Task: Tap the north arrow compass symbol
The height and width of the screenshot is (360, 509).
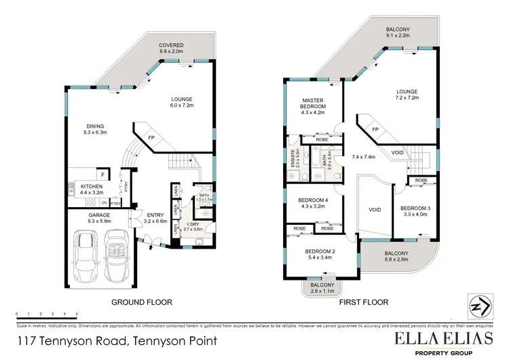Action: coord(479,307)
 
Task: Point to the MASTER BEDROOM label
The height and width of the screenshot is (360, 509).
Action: coord(314,107)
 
